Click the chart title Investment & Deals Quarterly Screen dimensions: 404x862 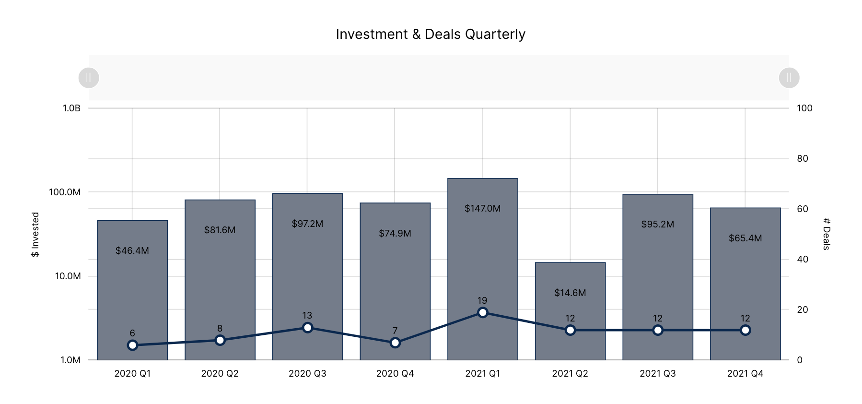coord(431,35)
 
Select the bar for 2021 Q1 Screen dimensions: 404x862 coord(482,250)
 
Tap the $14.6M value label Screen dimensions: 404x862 coord(570,293)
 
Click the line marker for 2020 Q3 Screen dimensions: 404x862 coord(307,328)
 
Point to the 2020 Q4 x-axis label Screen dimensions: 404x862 coord(395,373)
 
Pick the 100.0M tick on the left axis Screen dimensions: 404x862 coord(65,192)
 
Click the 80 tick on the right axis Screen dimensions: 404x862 coord(802,158)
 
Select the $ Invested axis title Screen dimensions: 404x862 coord(35,234)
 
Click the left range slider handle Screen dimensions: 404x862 coord(89,78)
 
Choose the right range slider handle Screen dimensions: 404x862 coord(789,78)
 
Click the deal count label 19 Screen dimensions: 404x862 coord(482,300)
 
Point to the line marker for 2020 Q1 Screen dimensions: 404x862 coord(132,345)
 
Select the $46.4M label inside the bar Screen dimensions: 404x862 coord(132,250)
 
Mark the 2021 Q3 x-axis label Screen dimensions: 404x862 coord(657,373)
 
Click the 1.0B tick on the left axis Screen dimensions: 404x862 coord(71,108)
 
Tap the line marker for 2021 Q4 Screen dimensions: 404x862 coord(745,330)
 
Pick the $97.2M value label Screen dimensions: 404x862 coord(307,224)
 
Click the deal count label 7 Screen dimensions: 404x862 coord(395,331)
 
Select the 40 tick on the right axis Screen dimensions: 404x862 coord(802,259)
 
